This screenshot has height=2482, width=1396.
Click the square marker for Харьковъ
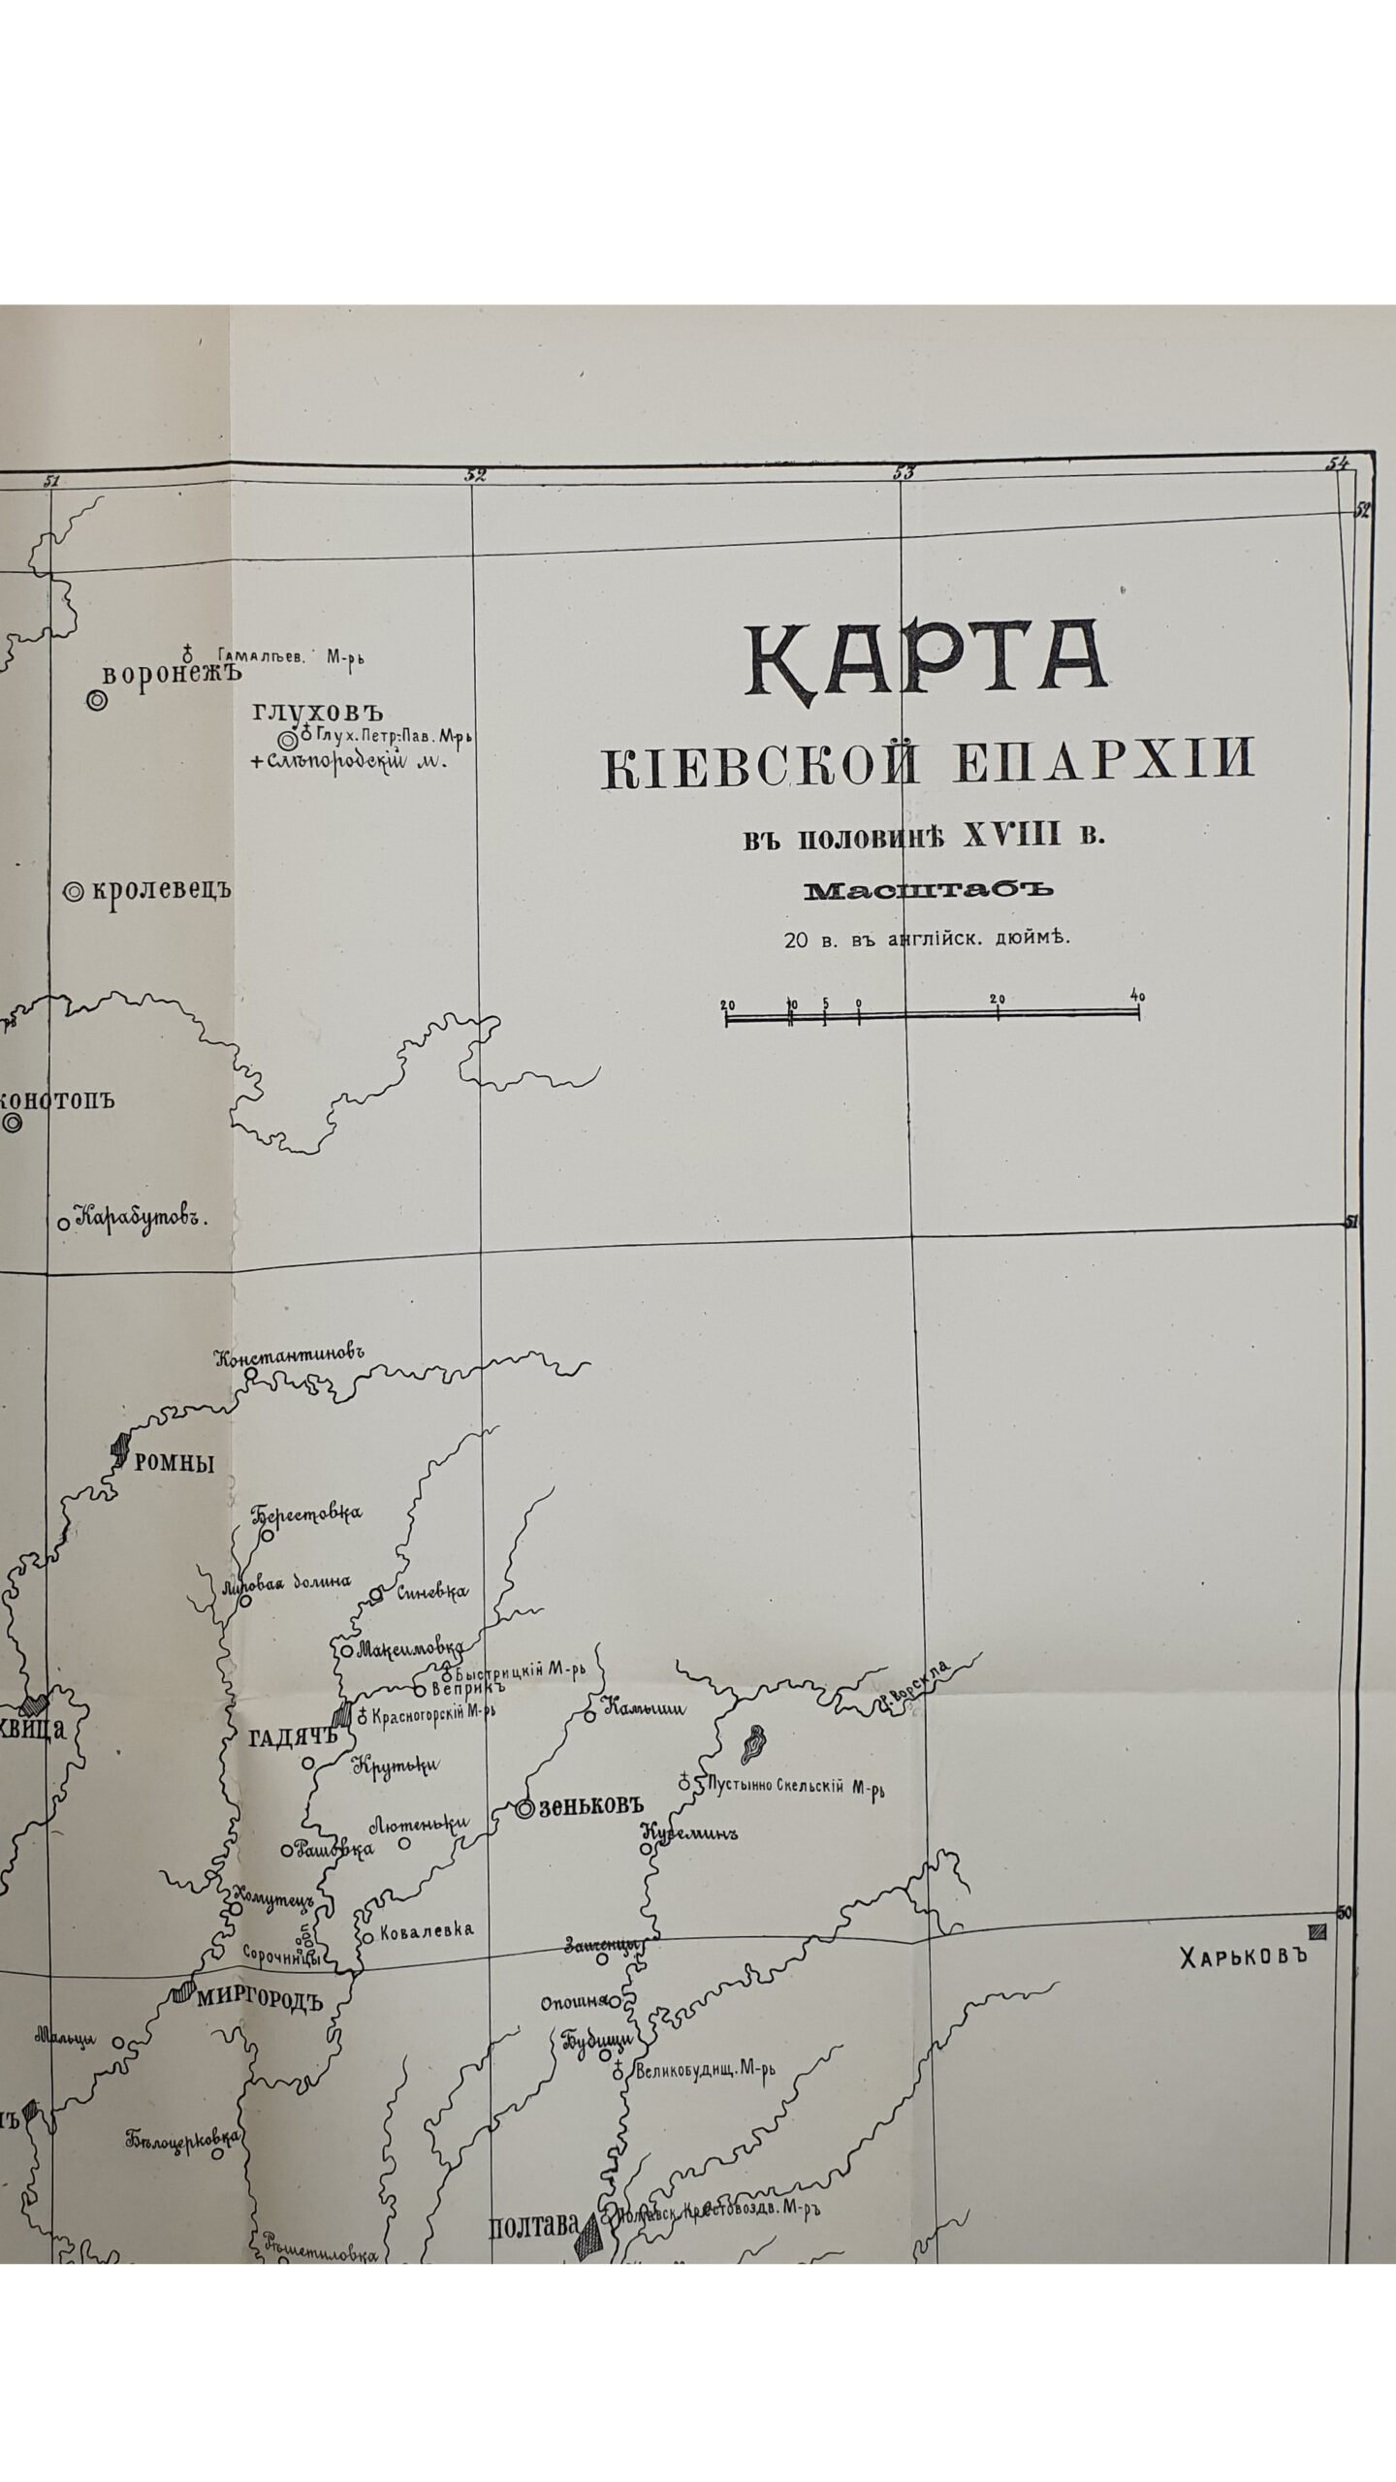[x=1315, y=1930]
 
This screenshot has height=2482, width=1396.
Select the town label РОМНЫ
[x=174, y=1464]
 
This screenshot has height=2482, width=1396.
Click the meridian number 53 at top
[x=904, y=473]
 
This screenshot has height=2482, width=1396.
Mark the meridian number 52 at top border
[x=475, y=474]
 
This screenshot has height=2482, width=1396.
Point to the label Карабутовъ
[x=143, y=1217]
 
